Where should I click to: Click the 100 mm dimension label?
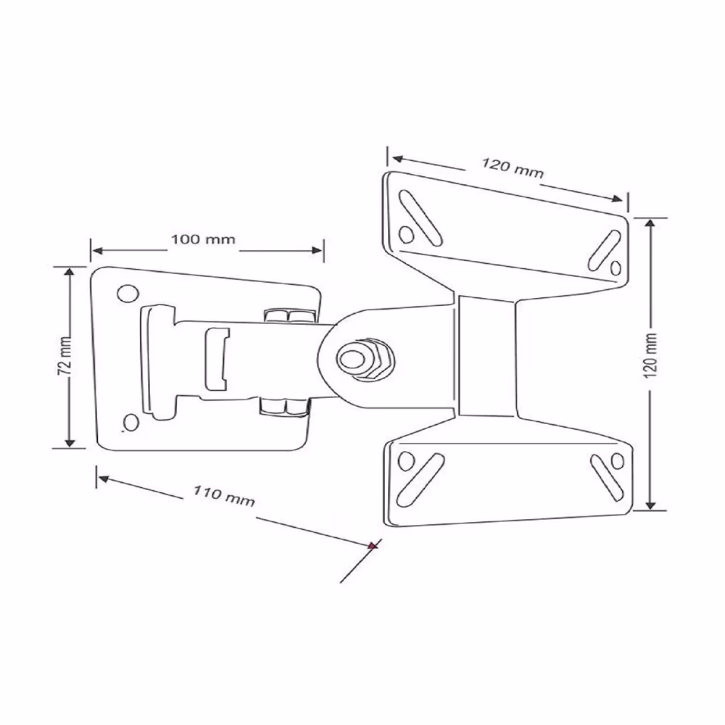pos(203,239)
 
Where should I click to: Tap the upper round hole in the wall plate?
pos(128,294)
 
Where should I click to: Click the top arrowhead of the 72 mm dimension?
pos(70,271)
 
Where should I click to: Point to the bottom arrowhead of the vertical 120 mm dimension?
pos(651,505)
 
